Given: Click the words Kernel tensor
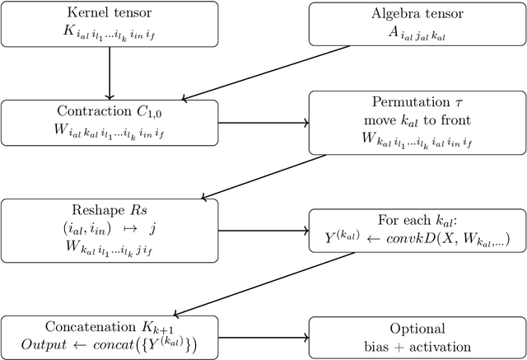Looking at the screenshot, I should pos(109,14).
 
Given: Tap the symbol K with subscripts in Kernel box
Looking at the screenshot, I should pos(109,33).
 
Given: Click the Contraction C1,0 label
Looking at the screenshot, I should pos(109,111).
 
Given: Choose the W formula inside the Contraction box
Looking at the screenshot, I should pos(109,131).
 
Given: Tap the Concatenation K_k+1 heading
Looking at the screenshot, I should pos(109,327).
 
